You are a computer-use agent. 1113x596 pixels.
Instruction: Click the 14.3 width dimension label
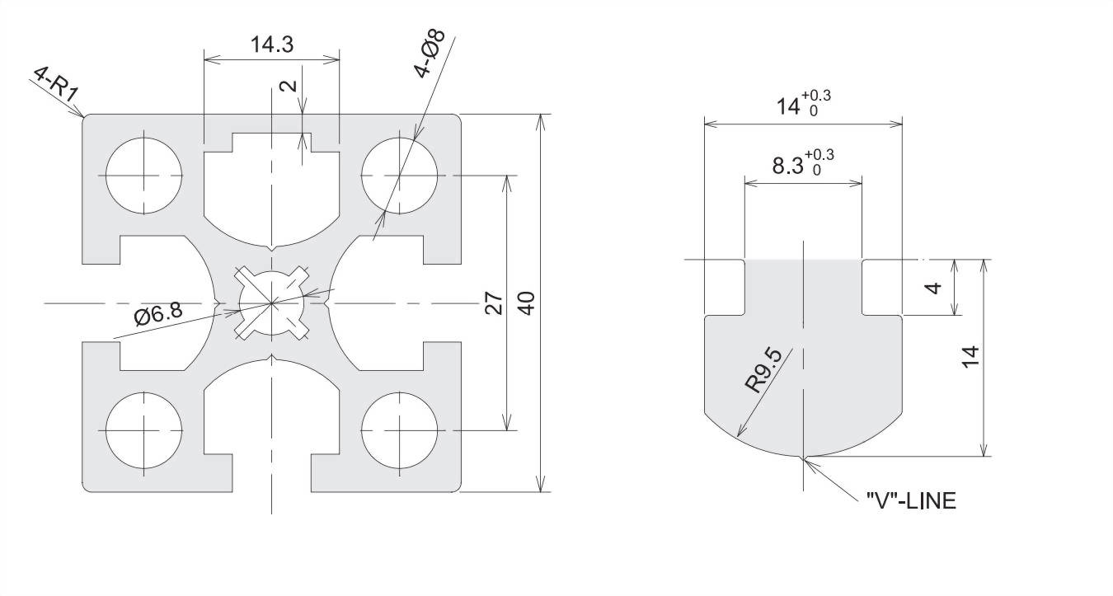pyautogui.click(x=272, y=45)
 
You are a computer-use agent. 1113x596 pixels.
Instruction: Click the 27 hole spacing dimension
pyautogui.click(x=494, y=303)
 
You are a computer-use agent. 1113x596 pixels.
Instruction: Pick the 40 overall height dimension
pyautogui.click(x=528, y=303)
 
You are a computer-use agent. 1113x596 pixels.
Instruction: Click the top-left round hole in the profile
pyautogui.click(x=143, y=176)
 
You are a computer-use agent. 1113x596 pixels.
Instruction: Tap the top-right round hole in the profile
pyautogui.click(x=400, y=176)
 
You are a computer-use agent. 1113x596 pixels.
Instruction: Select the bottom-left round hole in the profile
pyautogui.click(x=143, y=430)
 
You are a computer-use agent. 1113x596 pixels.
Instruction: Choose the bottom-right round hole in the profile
pyautogui.click(x=400, y=430)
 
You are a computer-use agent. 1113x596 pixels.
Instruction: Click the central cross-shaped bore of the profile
pyautogui.click(x=272, y=303)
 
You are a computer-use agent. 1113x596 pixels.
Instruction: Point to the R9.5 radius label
pyautogui.click(x=763, y=372)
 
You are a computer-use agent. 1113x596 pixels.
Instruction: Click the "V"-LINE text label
pyautogui.click(x=911, y=500)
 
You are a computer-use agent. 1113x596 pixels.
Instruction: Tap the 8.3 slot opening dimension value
pyautogui.click(x=788, y=166)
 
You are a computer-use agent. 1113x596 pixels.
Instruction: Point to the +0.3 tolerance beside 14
pyautogui.click(x=819, y=96)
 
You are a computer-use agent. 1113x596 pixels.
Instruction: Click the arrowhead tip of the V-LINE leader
pyautogui.click(x=805, y=458)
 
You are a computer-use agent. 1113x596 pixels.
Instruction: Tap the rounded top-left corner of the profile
pyautogui.click(x=85, y=117)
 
